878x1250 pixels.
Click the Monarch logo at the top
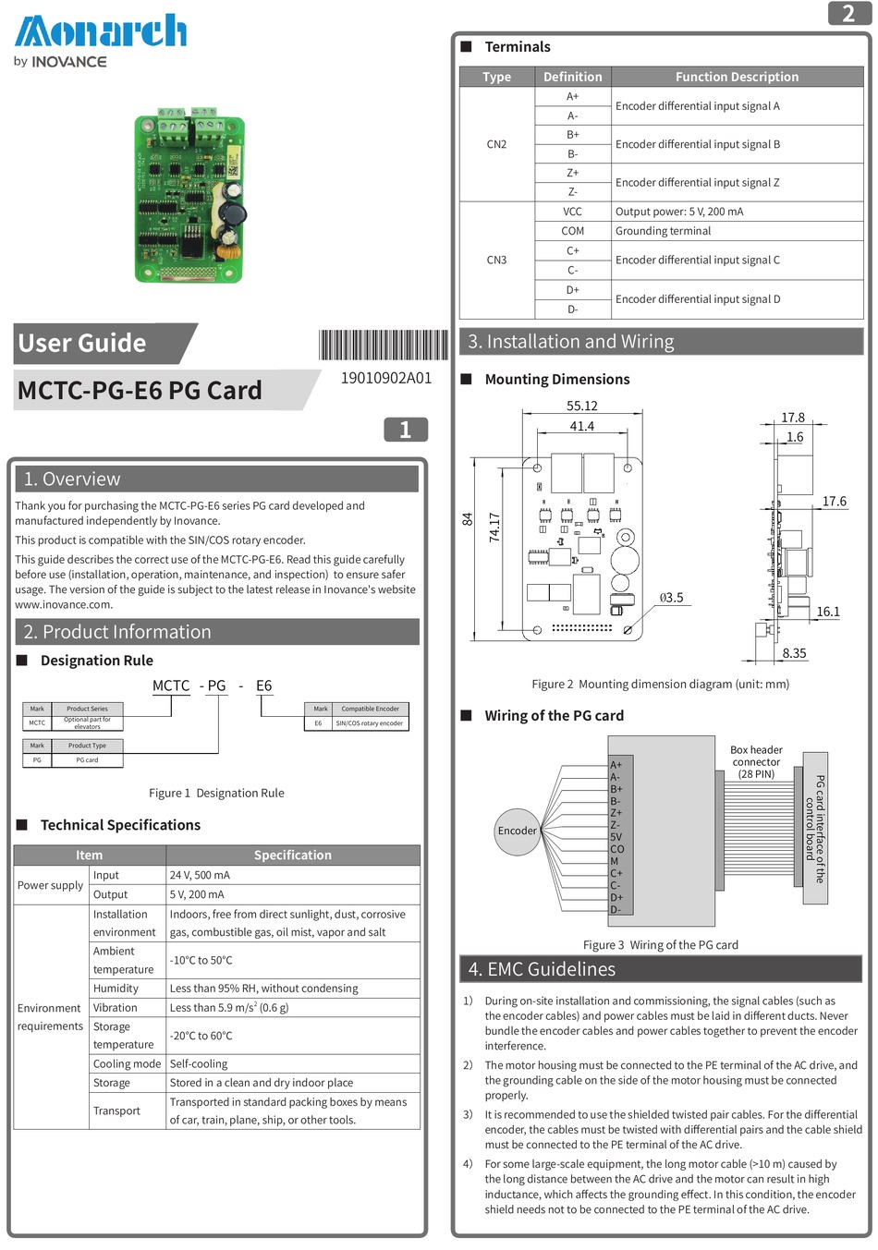(x=100, y=32)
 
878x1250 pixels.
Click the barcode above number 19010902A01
(x=384, y=345)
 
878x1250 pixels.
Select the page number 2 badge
(x=848, y=13)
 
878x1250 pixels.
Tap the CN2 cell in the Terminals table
(x=496, y=144)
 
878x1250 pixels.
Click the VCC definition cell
(x=572, y=212)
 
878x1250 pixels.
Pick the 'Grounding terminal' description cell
(x=663, y=231)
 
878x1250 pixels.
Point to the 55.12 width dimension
(x=581, y=406)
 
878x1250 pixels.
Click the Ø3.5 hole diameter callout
(x=671, y=598)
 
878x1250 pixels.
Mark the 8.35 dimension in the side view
(x=794, y=653)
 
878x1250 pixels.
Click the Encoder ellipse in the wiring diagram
(x=517, y=831)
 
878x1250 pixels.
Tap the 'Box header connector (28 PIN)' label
(x=756, y=762)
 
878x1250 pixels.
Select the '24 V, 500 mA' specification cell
(x=200, y=875)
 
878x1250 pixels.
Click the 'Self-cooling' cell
(x=198, y=1063)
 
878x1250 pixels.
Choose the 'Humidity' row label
(x=116, y=988)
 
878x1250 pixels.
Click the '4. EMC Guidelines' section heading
(x=542, y=969)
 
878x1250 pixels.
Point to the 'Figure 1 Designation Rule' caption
(x=216, y=793)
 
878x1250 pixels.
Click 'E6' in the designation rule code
(x=263, y=686)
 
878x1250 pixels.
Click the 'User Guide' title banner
(x=82, y=343)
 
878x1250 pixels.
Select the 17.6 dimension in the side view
(x=834, y=502)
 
